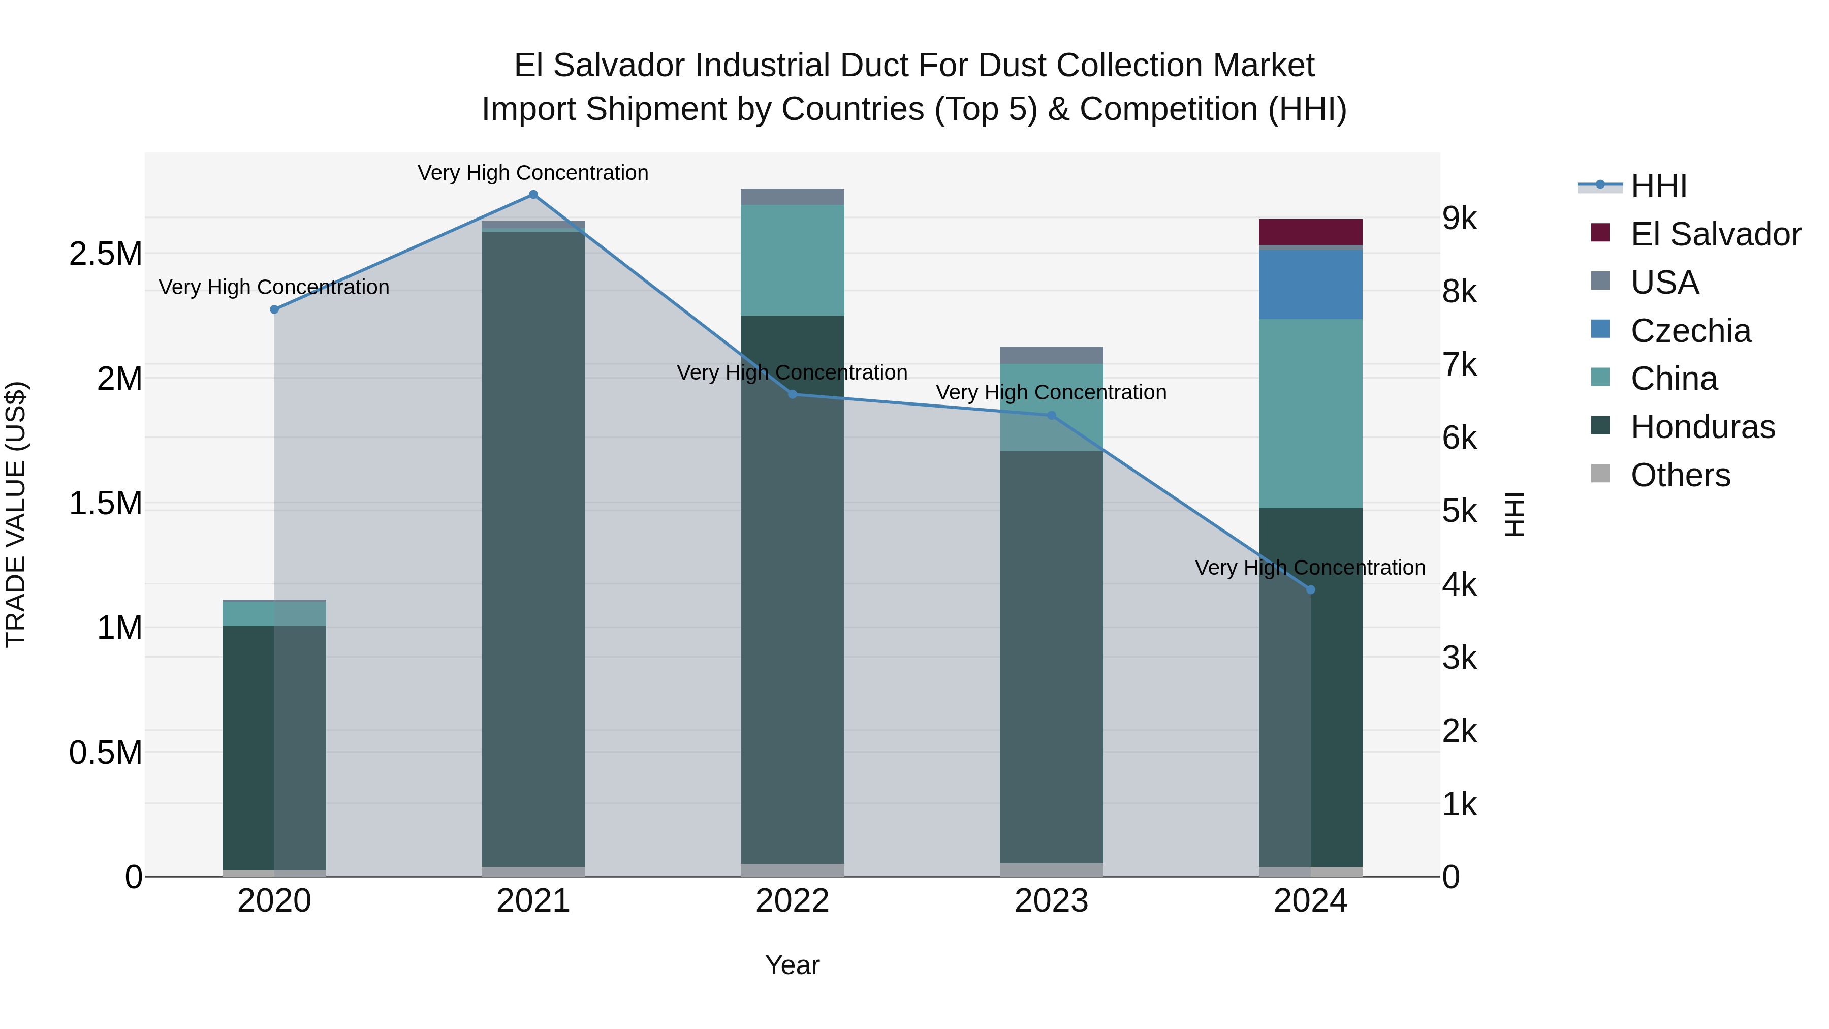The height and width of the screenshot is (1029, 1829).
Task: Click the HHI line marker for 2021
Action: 533,195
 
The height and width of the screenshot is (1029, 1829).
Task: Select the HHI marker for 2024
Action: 1311,589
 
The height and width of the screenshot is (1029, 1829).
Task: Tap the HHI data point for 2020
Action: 274,309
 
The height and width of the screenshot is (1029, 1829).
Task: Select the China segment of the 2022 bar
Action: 793,260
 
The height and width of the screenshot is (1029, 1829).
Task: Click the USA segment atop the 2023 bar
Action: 1052,355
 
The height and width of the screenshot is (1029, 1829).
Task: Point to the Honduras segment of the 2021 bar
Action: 533,547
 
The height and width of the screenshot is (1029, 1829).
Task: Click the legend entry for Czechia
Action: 1690,331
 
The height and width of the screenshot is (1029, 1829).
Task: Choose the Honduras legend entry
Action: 1702,427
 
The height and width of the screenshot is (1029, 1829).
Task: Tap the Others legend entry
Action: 1680,475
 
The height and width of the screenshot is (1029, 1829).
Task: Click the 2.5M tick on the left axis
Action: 105,254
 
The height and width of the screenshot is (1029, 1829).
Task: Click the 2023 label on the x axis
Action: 1052,901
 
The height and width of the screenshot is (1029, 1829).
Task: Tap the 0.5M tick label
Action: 105,753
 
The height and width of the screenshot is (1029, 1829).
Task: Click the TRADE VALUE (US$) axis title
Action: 16,514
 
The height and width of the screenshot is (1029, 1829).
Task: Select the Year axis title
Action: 793,965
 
